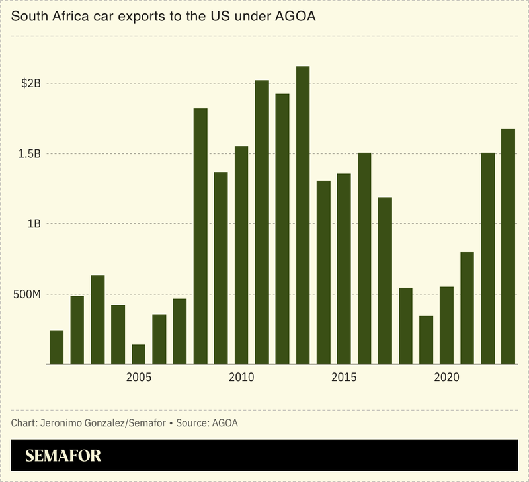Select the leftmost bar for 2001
click(x=57, y=347)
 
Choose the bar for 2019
click(x=426, y=340)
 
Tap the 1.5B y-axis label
click(x=30, y=154)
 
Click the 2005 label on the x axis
click(x=138, y=378)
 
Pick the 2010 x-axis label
click(x=241, y=378)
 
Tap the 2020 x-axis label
click(x=446, y=378)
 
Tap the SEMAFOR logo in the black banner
click(x=63, y=456)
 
